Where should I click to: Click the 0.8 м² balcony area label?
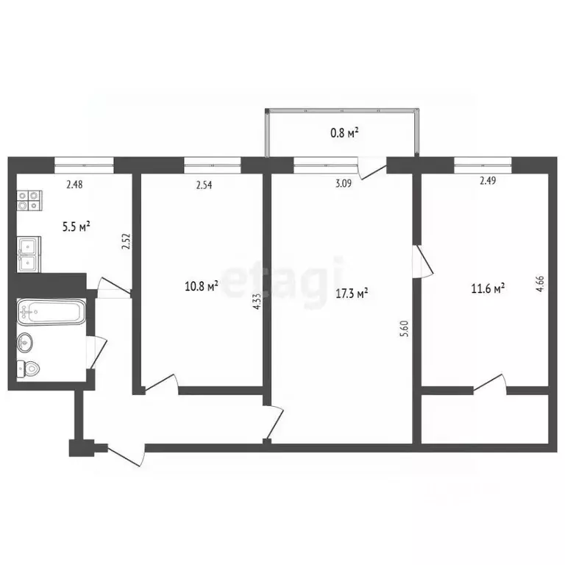pos(344,133)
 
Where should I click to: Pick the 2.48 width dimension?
pos(74,185)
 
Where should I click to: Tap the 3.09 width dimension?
pos(342,185)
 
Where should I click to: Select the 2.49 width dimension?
pos(487,181)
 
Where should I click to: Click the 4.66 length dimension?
pos(540,283)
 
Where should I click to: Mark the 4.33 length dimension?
pos(256,302)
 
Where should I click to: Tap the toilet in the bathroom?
pos(29,369)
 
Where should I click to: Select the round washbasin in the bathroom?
pos(26,342)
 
